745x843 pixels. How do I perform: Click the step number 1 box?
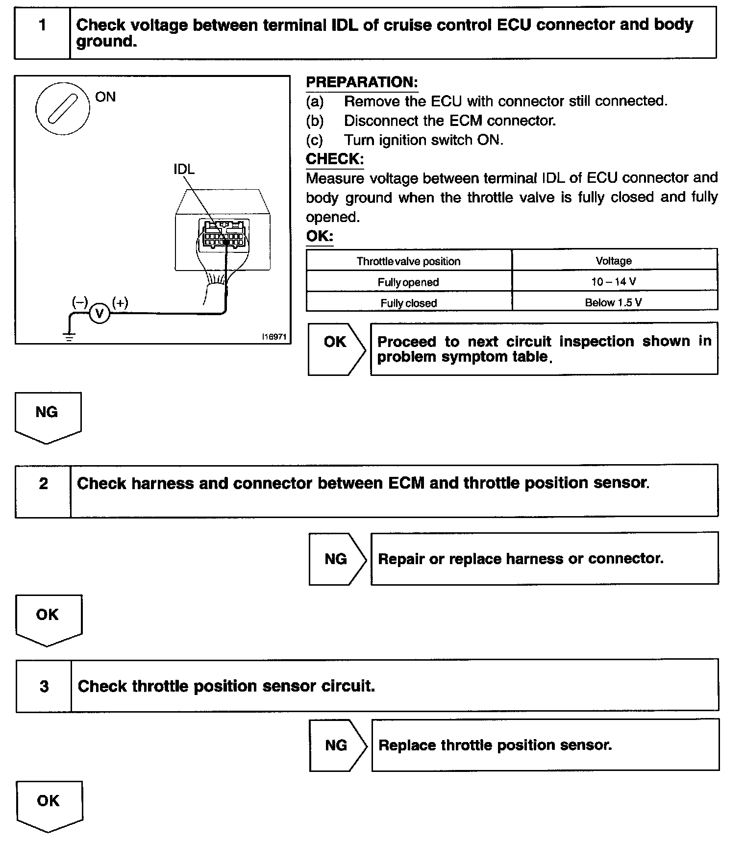pyautogui.click(x=43, y=32)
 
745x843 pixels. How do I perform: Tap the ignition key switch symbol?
pyautogui.click(x=63, y=108)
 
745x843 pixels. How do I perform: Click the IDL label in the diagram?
pyautogui.click(x=184, y=169)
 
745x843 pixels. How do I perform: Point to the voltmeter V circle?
pyautogui.click(x=99, y=313)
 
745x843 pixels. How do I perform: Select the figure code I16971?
pyautogui.click(x=274, y=337)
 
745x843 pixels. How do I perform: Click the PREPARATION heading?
pyautogui.click(x=362, y=82)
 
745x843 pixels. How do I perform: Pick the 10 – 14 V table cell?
pyautogui.click(x=614, y=282)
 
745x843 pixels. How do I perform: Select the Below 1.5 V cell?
pyautogui.click(x=614, y=302)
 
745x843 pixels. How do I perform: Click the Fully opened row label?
pyautogui.click(x=408, y=282)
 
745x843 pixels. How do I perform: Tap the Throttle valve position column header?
pyautogui.click(x=408, y=261)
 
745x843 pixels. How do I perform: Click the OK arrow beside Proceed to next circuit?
pyautogui.click(x=336, y=348)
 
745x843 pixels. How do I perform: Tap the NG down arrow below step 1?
pyautogui.click(x=48, y=417)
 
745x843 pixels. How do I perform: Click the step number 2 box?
pyautogui.click(x=43, y=490)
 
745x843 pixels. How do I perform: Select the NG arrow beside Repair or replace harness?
pyautogui.click(x=337, y=558)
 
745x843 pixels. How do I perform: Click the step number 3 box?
pyautogui.click(x=44, y=686)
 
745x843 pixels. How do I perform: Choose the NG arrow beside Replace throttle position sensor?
pyautogui.click(x=338, y=745)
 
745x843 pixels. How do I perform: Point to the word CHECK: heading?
pyautogui.click(x=335, y=159)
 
